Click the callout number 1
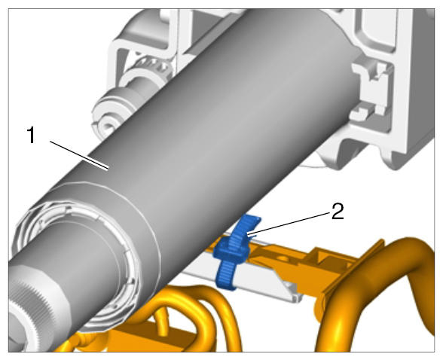(31, 136)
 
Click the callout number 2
(338, 212)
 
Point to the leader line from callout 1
(79, 155)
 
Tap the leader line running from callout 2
(289, 224)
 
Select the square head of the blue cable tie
(232, 250)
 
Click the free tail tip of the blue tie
(252, 218)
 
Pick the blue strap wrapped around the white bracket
(227, 276)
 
